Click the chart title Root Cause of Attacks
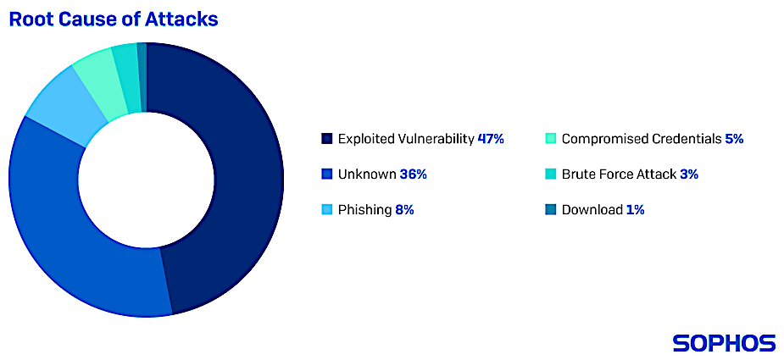pos(114,19)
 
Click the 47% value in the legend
pos(491,139)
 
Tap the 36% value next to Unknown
pos(413,174)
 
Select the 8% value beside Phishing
pos(404,210)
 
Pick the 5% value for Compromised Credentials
pos(734,139)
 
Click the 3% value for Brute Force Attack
pos(688,174)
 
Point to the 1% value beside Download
pos(635,210)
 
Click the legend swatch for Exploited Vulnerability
pos(327,139)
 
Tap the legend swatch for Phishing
pos(327,210)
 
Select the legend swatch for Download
pos(551,210)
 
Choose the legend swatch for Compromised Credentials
pos(551,139)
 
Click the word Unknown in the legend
pos(367,174)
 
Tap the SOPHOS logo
pos(724,343)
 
